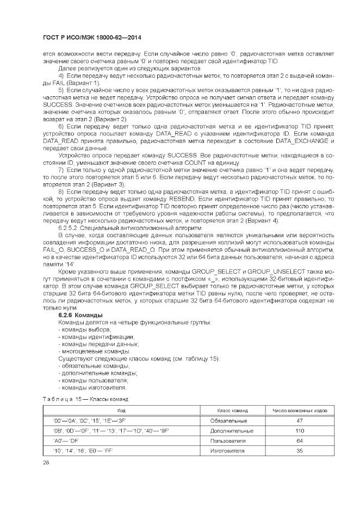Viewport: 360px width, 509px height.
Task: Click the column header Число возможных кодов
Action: [299, 411]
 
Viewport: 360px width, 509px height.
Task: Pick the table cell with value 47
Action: [299, 421]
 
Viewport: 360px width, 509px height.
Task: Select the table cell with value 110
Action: [299, 431]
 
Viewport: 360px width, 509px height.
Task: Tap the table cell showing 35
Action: [299, 451]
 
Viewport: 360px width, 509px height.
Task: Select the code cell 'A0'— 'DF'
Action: [66, 441]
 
